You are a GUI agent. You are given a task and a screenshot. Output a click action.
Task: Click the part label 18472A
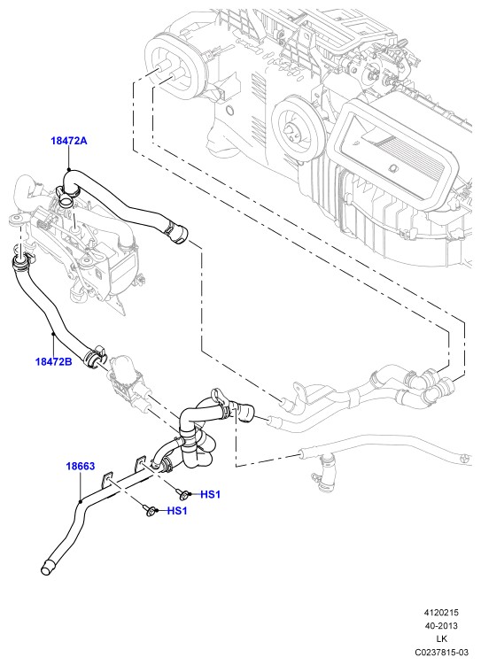tap(69, 141)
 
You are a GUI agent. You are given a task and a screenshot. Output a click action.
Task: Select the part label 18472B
tap(53, 361)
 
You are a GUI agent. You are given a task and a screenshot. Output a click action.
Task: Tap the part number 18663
tap(80, 466)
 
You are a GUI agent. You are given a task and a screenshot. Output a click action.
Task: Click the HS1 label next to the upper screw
tap(211, 494)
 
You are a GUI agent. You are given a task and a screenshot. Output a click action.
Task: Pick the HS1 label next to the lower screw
tap(177, 511)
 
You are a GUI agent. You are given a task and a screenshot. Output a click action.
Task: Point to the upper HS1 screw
tap(182, 494)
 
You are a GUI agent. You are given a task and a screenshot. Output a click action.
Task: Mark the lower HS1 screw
tap(150, 510)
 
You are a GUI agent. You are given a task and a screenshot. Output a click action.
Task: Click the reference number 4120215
tap(441, 613)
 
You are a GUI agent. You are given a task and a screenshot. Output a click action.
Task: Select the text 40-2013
tap(441, 625)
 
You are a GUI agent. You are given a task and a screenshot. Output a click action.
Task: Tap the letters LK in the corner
tap(441, 638)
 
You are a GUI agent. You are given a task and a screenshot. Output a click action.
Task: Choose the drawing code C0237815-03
tap(441, 652)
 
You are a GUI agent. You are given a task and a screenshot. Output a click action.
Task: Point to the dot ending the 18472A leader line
tap(68, 170)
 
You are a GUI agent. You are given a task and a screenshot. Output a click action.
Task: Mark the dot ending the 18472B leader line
tap(53, 334)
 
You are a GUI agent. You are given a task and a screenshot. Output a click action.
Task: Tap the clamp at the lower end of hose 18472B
tap(94, 355)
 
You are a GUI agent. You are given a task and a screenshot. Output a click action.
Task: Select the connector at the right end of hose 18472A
tap(176, 231)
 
